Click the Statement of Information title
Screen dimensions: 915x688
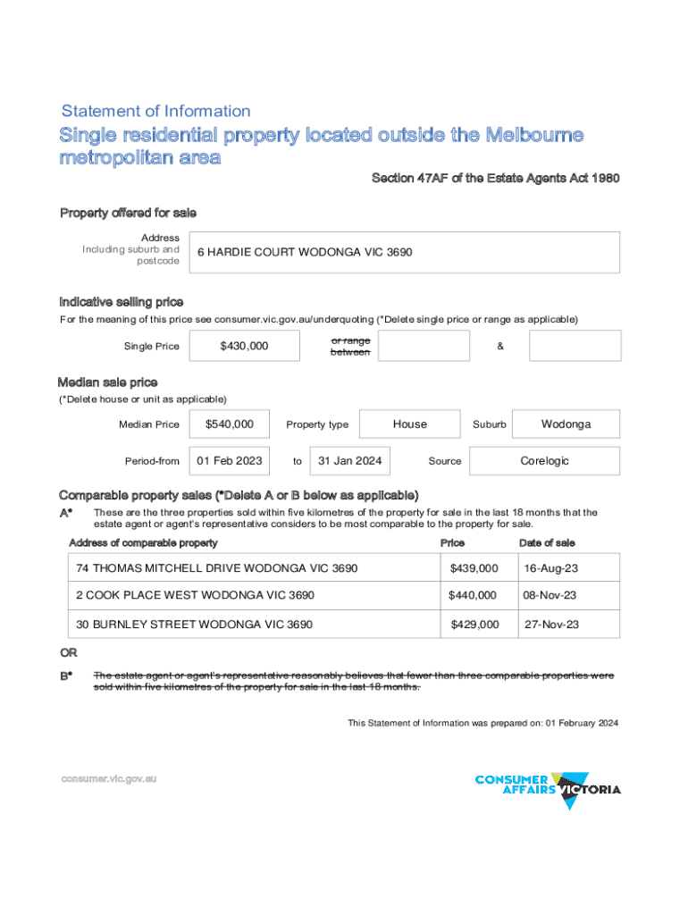[x=155, y=112]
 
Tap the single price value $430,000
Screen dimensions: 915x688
[x=244, y=346]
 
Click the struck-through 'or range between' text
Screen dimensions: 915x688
[x=349, y=346]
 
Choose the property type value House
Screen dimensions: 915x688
[x=410, y=424]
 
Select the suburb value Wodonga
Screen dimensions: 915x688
[x=566, y=424]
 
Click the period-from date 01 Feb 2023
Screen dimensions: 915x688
[x=230, y=461]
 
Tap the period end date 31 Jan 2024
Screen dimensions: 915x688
[x=350, y=461]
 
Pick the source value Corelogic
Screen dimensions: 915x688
[x=544, y=461]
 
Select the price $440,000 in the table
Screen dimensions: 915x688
[x=474, y=595]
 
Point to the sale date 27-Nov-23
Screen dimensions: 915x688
[x=551, y=625]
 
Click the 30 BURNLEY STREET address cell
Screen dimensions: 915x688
[x=194, y=625]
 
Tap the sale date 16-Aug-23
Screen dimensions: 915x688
[x=551, y=568]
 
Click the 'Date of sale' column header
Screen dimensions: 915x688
[x=547, y=543]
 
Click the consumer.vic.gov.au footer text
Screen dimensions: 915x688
[x=108, y=779]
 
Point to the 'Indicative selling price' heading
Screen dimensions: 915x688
[x=122, y=302]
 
